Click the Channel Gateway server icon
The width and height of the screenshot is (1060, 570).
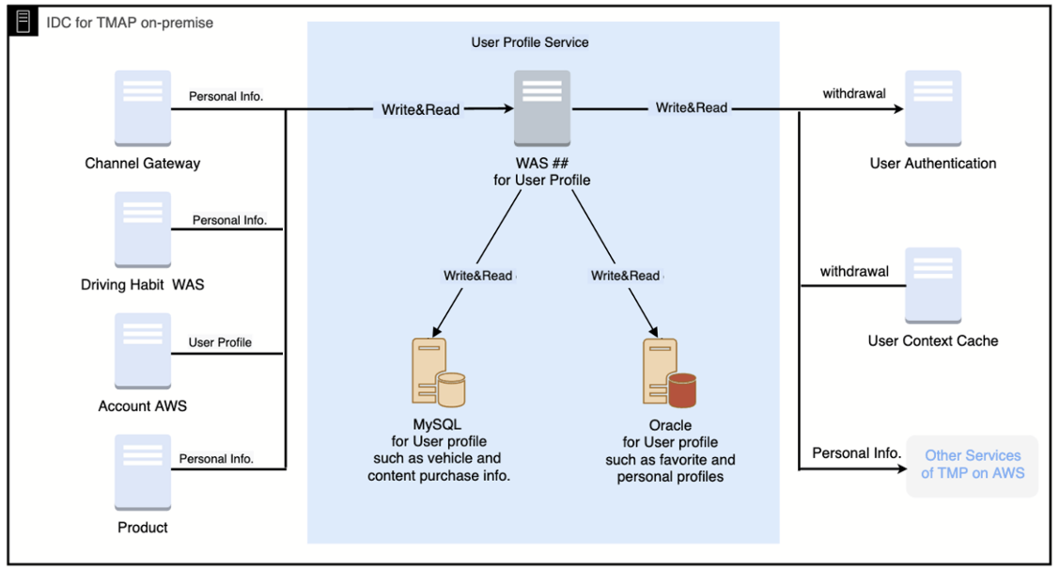point(143,108)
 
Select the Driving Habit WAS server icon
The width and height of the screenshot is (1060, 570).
point(143,230)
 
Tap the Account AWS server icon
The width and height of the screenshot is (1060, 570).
point(143,351)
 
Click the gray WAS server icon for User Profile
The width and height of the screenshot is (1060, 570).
point(542,108)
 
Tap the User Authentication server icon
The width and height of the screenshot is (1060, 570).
point(933,108)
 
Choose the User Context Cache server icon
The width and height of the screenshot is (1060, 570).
point(933,286)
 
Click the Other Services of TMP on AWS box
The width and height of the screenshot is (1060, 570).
point(972,465)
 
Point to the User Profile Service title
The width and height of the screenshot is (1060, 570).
point(530,42)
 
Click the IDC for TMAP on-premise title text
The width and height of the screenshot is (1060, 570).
point(130,22)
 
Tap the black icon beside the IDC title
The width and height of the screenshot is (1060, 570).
point(24,22)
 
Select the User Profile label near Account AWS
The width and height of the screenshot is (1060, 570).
point(220,342)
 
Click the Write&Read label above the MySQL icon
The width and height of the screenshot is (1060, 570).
point(478,276)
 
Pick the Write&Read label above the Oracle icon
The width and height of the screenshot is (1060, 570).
point(625,276)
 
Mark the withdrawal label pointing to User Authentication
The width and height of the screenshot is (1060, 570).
point(854,94)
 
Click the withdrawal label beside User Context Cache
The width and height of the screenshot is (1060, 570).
point(854,272)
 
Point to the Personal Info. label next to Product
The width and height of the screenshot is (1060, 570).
point(216,459)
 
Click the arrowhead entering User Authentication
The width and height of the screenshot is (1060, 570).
point(898,109)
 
